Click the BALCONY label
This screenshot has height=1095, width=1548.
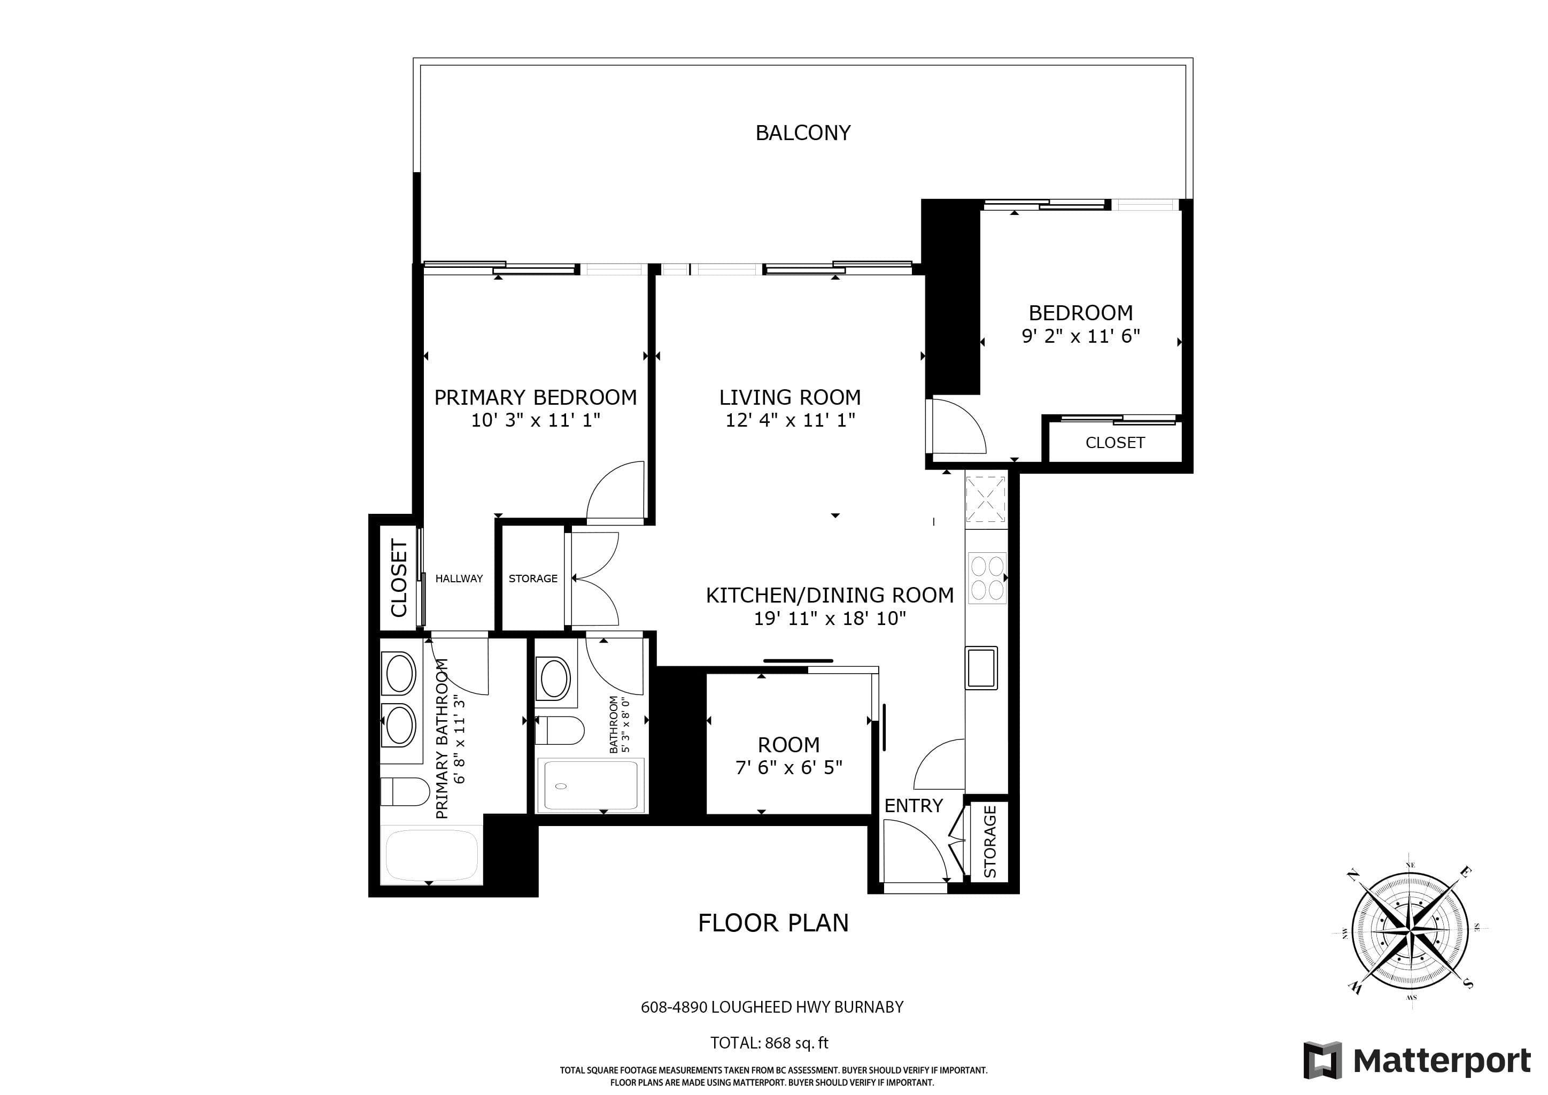point(802,133)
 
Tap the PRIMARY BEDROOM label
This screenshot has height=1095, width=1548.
point(535,397)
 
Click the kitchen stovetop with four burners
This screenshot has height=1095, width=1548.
point(987,577)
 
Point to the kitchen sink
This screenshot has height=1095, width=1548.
point(981,667)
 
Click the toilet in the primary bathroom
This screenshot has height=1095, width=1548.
point(405,792)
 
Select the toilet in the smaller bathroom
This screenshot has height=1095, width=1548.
point(560,731)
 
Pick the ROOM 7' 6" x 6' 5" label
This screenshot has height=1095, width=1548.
point(789,756)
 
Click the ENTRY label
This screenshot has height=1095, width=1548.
point(914,806)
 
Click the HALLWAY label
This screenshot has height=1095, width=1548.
point(459,579)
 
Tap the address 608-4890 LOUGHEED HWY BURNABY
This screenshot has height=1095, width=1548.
point(772,1007)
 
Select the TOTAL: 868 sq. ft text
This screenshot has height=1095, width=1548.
point(769,1043)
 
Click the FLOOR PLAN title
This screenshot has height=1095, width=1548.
point(773,922)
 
